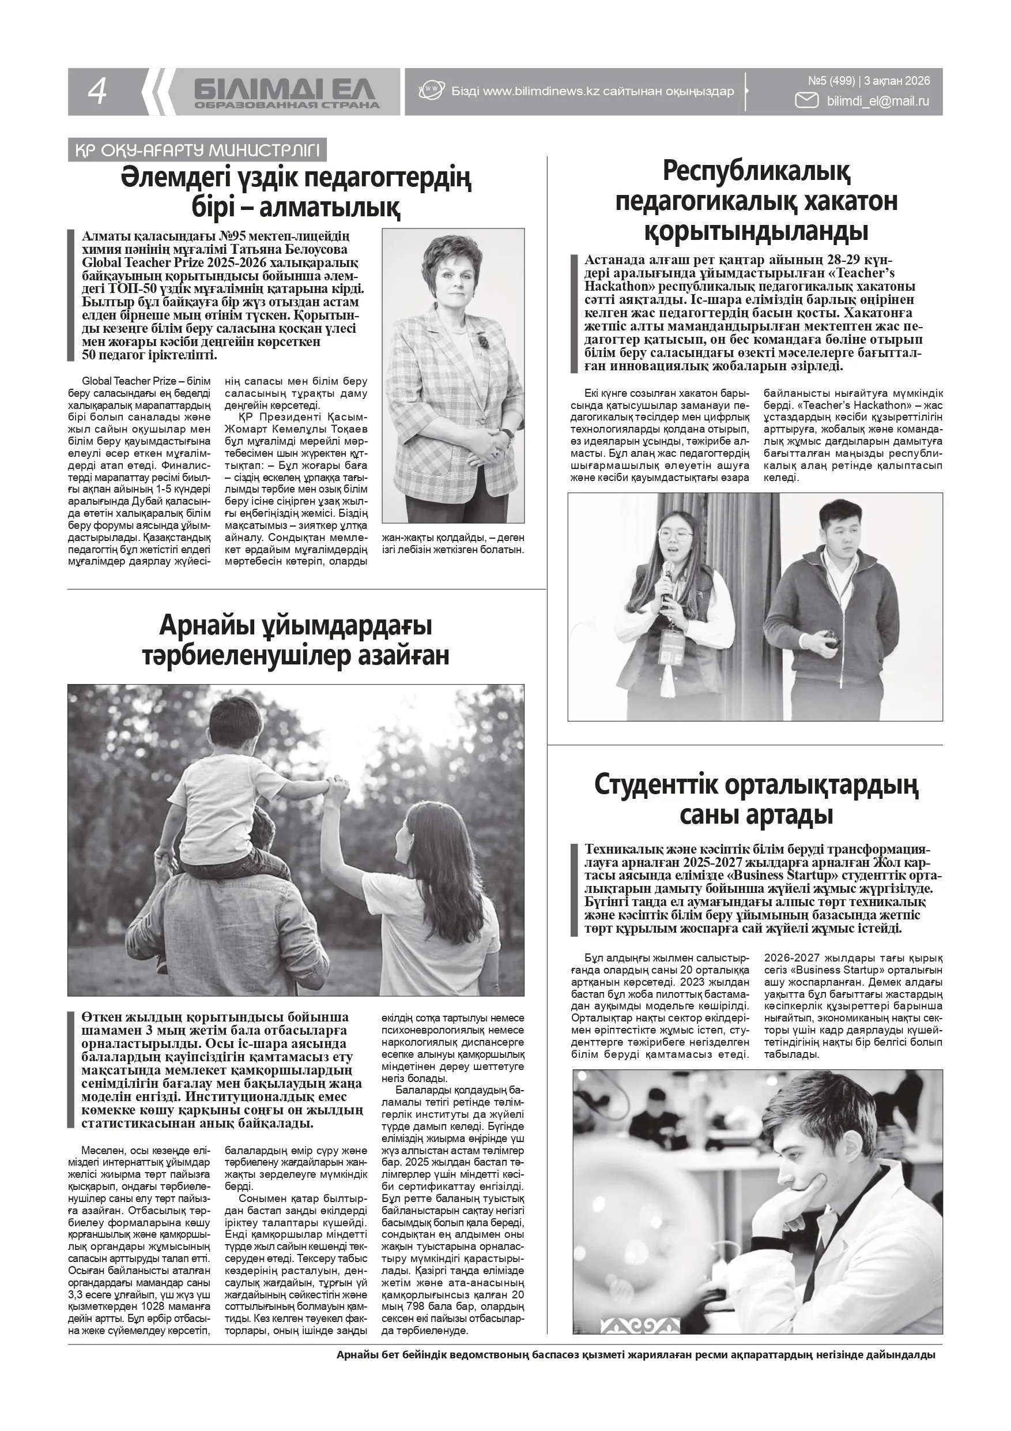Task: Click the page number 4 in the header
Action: click(x=98, y=92)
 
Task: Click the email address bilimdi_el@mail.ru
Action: click(x=878, y=101)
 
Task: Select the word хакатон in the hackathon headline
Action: click(x=851, y=201)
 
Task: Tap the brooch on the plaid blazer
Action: click(x=484, y=340)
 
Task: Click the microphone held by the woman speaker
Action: click(x=666, y=570)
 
